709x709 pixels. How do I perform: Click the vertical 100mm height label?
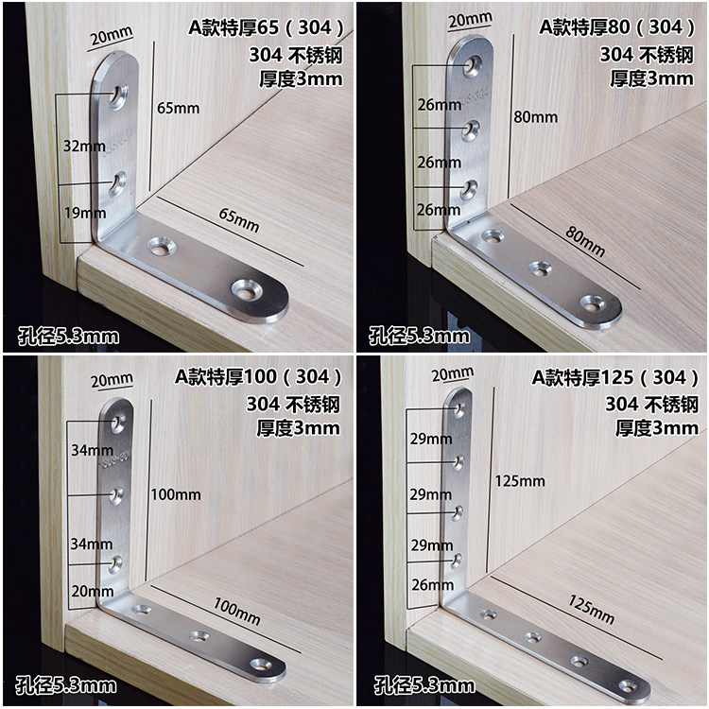click(x=175, y=494)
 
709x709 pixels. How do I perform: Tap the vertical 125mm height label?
click(x=519, y=481)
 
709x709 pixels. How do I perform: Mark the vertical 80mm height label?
click(x=534, y=117)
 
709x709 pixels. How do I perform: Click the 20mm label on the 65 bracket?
click(x=110, y=38)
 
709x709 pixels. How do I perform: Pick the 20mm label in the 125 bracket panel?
click(x=452, y=374)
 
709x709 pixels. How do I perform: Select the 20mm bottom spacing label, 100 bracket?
click(x=92, y=592)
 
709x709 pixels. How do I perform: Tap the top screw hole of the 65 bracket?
click(x=118, y=94)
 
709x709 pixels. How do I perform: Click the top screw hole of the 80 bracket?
click(x=473, y=65)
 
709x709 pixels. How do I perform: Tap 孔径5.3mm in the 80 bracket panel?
click(x=418, y=336)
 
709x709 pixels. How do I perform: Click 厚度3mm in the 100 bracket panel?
click(x=298, y=427)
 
